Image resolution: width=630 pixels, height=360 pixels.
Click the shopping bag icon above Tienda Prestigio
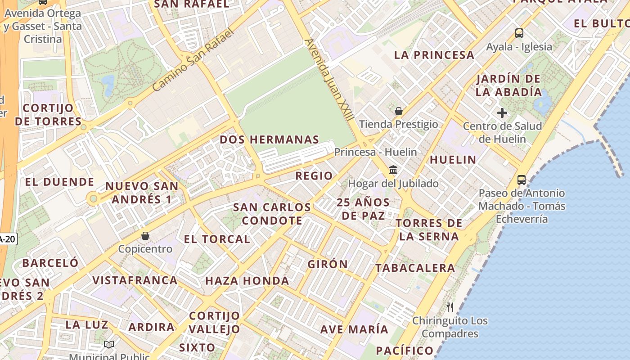398,111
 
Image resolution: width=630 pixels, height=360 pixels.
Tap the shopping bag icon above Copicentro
145,236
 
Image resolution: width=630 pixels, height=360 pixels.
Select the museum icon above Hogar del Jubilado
393,170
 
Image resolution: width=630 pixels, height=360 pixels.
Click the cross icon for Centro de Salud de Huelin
502,113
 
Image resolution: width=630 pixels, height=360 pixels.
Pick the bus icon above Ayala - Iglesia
519,33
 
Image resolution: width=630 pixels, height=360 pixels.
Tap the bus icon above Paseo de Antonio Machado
522,180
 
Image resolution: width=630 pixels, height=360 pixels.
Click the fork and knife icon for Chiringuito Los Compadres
450,307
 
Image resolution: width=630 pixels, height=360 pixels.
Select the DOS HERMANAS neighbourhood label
269,140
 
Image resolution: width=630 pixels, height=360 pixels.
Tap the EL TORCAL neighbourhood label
217,239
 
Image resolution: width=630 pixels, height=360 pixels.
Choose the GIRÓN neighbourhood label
328,264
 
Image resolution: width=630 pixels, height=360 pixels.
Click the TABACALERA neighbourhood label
415,268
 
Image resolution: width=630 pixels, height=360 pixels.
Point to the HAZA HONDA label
247,281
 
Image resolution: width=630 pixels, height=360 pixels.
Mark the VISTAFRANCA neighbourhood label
135,280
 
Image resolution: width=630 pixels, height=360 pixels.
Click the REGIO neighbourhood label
314,176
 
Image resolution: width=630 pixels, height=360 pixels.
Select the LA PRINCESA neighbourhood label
434,55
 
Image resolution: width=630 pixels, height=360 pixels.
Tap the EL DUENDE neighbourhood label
59,182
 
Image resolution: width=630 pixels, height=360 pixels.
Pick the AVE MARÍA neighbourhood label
354,329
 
